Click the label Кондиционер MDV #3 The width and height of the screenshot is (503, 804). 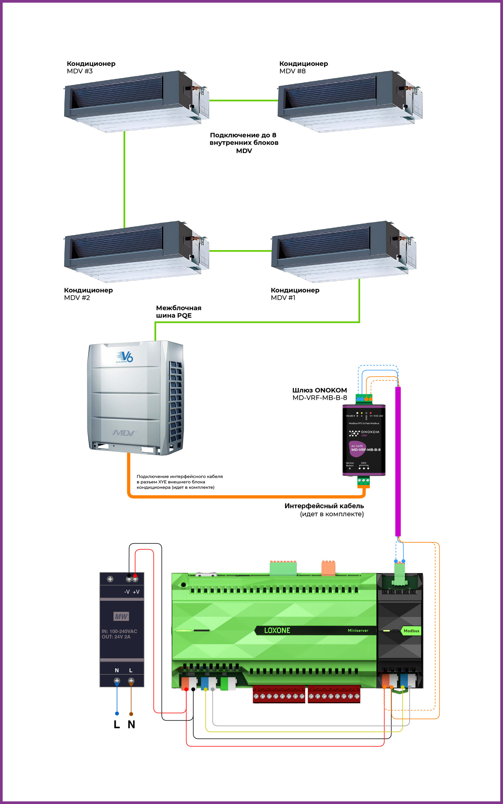[91, 67]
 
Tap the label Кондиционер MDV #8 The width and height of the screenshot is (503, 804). [303, 67]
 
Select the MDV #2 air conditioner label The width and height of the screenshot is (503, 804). [88, 294]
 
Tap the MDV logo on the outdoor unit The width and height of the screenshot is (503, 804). [124, 433]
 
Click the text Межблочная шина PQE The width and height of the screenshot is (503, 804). [178, 312]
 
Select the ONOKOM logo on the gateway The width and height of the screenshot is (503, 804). [364, 433]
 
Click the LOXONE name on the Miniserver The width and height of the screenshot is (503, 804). [277, 630]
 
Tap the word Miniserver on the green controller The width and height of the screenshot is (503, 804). [358, 630]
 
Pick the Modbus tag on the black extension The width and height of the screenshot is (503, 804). [411, 631]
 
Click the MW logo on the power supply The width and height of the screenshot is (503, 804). [121, 617]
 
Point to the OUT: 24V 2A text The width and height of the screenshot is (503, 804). [116, 637]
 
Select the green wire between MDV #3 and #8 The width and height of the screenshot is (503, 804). [243, 100]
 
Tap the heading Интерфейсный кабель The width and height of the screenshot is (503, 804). [324, 506]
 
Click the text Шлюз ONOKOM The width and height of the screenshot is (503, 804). [319, 390]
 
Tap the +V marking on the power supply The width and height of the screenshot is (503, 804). [136, 592]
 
